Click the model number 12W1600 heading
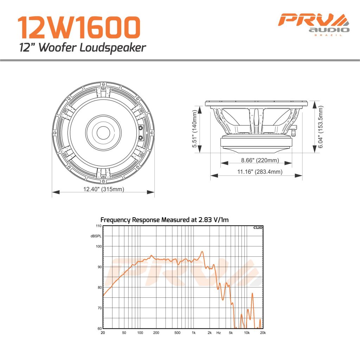79,28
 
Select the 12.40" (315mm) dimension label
103,189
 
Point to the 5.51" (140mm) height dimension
194,129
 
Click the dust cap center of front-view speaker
103,133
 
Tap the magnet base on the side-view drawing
256,142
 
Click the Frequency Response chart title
165,220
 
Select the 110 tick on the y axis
99,226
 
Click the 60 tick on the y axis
99,328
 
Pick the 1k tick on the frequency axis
193,333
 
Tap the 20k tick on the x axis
263,333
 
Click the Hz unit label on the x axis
218,333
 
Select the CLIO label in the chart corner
258,228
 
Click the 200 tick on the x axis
156,333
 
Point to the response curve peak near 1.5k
202,252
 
